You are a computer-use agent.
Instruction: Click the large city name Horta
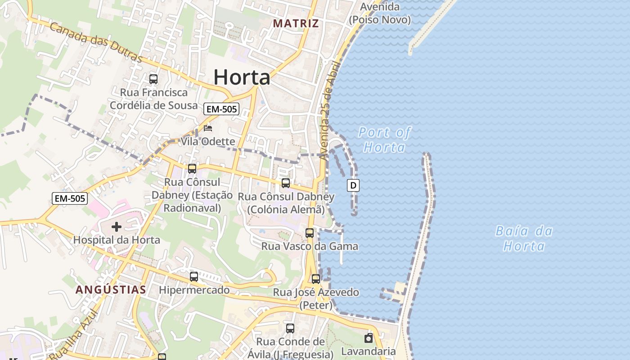pos(242,77)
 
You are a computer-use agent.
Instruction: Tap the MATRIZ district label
pos(296,23)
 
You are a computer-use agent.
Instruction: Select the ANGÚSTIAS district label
pos(111,289)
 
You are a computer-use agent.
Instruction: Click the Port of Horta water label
pos(384,139)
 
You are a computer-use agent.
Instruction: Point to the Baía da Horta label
pos(524,238)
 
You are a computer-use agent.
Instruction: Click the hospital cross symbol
pos(117,227)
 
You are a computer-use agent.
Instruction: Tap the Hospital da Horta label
pos(117,240)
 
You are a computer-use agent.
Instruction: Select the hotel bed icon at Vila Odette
pos(207,128)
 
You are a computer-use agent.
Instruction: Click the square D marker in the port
pos(353,185)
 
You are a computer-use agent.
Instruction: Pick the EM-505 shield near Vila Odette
pos(221,108)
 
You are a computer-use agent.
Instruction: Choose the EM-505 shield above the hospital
pos(69,198)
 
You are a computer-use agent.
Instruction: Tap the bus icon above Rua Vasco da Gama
pos(310,233)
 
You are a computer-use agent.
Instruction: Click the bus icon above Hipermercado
pos(194,277)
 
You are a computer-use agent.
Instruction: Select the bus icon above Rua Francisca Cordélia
pos(153,79)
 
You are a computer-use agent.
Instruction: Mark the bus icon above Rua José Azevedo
pos(316,279)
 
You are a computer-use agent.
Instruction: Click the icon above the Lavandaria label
pos(369,338)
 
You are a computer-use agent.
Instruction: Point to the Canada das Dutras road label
pos(96,43)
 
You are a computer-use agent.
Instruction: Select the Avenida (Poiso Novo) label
pos(380,13)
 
